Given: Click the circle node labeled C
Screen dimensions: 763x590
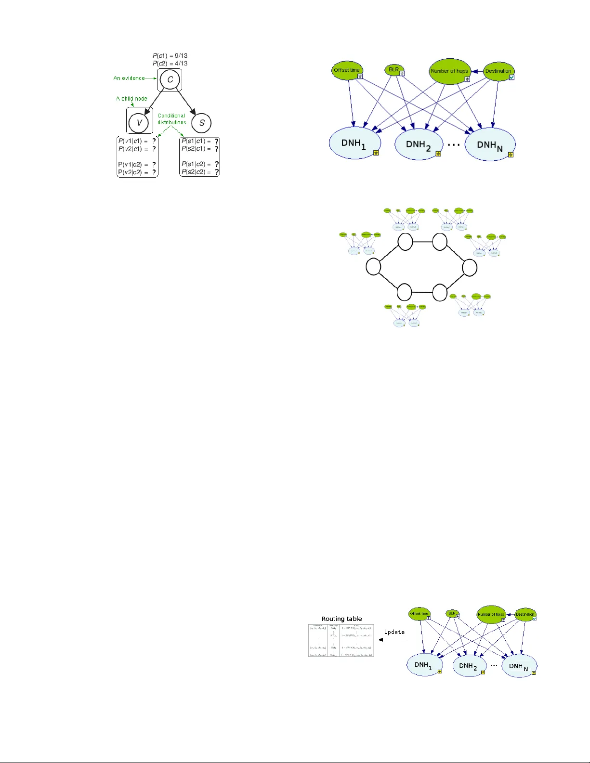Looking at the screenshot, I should pos(170,79).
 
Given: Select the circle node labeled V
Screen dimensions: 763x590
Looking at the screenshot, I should pos(139,122).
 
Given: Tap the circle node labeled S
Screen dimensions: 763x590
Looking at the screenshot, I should pos(201,122).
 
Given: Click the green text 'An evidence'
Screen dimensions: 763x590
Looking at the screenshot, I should pos(129,78).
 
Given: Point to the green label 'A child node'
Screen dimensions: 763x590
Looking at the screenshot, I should pos(131,99).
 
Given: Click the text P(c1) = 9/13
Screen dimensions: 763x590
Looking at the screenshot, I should pos(170,56).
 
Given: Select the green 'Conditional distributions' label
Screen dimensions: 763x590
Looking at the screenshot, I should pos(171,119).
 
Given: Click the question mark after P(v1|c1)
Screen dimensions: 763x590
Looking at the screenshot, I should pos(154,141).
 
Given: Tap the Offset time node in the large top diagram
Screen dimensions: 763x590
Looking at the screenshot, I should pos(347,70).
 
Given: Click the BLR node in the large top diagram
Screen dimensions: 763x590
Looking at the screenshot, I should pos(394,70).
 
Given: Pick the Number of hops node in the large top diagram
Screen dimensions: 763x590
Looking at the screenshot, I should pos(449,71).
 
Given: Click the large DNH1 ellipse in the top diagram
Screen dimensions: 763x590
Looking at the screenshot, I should pos(354,143).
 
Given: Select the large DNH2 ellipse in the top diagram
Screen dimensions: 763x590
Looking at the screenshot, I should pos(418,144).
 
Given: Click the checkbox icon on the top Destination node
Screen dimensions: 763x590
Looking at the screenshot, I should pos(511,77).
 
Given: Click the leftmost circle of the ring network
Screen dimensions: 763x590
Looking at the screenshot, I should pos(373,266).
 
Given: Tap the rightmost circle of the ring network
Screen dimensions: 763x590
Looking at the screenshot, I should pos(470,267).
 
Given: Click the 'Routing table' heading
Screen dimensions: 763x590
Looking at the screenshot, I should pos(341,619).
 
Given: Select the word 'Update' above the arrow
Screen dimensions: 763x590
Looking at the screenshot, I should pos(394,632).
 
